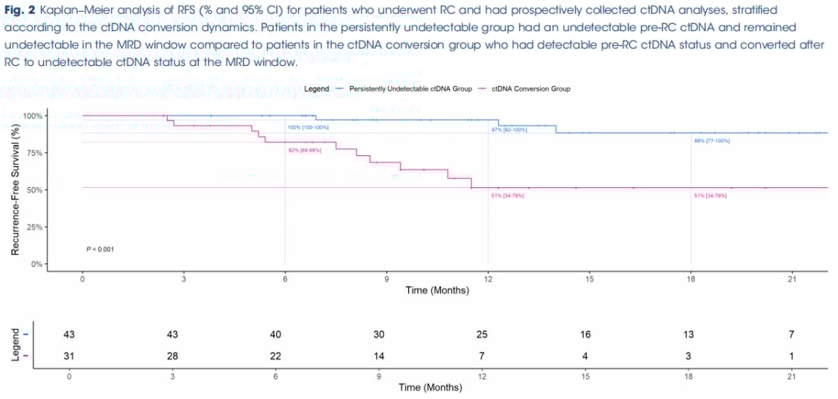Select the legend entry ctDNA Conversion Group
coord(532,89)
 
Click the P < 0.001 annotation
coord(100,249)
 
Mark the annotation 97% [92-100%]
coord(509,130)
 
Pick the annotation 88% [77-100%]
coord(712,141)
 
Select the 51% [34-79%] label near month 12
coord(508,196)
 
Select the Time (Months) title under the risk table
coord(431,387)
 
